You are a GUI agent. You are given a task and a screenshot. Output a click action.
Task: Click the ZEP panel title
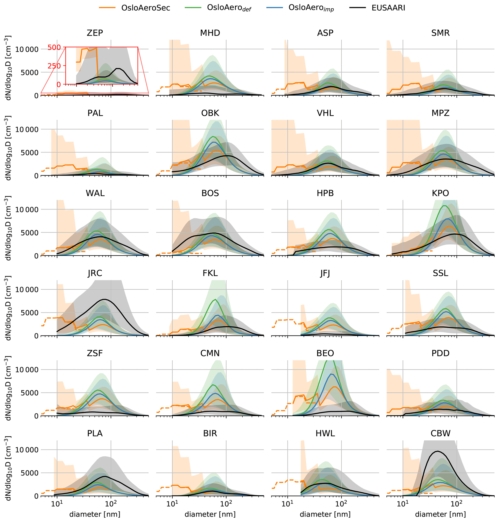point(95,33)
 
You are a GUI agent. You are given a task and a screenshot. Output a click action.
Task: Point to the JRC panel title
point(95,273)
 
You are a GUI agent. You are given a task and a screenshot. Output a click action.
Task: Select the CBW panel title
point(441,433)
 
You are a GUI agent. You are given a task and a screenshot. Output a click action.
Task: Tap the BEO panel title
point(325,353)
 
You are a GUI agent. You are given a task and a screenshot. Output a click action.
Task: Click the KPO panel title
point(441,193)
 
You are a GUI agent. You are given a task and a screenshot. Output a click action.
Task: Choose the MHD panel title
point(210,33)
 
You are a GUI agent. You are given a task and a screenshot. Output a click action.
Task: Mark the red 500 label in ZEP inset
point(54,48)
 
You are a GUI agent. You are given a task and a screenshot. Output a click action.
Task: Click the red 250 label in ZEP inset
point(54,66)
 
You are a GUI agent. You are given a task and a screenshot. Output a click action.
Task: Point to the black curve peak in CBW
point(437,451)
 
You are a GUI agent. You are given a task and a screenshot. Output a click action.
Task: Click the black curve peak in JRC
point(105,299)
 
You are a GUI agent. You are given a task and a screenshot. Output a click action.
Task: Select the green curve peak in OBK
point(213,136)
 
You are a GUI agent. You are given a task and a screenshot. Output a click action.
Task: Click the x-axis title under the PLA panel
point(95,514)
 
